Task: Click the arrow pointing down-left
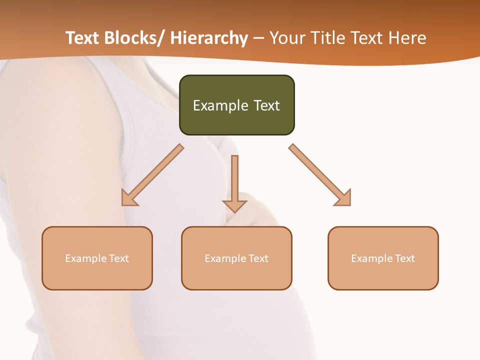152,175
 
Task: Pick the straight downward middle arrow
234,182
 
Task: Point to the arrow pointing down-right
320,175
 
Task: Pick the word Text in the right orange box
404,258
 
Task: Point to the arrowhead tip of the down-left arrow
122,205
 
